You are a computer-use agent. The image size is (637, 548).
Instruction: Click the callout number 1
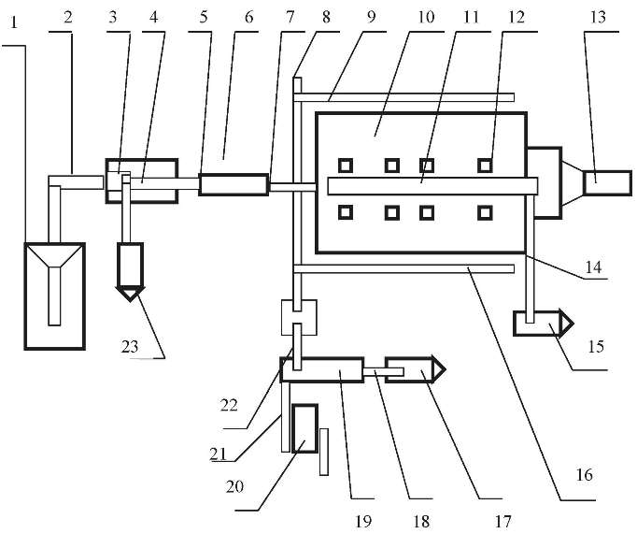click(x=15, y=22)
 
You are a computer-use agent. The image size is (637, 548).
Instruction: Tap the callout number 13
click(x=599, y=17)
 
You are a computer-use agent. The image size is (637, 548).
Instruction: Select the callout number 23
click(x=130, y=347)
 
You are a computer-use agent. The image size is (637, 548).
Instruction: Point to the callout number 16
click(x=585, y=474)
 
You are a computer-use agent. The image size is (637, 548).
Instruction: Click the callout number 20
click(x=234, y=486)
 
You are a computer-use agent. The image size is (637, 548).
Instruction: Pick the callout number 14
click(x=593, y=267)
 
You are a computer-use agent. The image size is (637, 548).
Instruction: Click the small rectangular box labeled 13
click(x=608, y=183)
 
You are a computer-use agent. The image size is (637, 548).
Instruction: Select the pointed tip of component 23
click(x=130, y=300)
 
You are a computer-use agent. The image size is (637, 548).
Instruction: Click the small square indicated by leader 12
click(x=485, y=166)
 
